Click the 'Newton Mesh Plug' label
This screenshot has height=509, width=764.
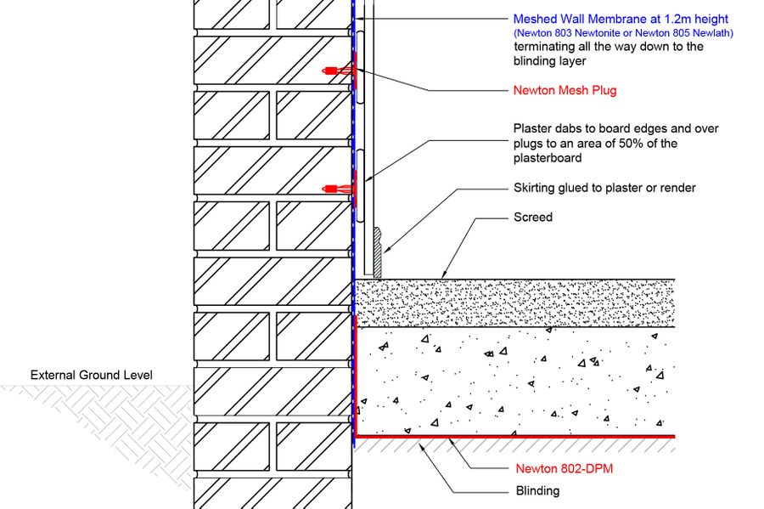[565, 90]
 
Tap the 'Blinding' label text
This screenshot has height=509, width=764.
[537, 490]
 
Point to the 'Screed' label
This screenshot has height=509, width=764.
[533, 218]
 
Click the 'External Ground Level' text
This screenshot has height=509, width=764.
[91, 375]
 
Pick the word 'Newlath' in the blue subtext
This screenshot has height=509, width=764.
[712, 33]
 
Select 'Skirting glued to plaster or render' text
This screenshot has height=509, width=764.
[610, 188]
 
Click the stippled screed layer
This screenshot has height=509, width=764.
[509, 303]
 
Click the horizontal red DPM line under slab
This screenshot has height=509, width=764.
[509, 436]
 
